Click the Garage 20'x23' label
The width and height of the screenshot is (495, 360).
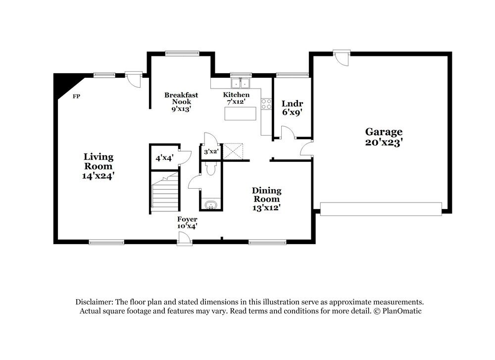384,136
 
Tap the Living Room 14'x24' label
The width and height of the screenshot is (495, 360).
99,166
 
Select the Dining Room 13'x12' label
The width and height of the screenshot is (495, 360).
267,199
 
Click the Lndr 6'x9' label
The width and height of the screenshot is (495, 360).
292,107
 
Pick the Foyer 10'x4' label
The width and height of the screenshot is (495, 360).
188,222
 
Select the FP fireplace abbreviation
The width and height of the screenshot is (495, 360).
77,96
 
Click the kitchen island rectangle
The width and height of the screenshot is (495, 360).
241,113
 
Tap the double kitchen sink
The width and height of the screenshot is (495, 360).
241,83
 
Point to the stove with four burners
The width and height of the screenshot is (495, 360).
266,104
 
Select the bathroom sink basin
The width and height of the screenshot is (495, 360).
211,205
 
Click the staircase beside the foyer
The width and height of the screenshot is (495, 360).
164,193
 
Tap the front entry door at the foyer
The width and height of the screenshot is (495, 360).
185,239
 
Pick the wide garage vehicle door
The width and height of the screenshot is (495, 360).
381,208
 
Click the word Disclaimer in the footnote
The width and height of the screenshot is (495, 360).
94,302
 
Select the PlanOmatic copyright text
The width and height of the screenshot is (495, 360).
398,311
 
